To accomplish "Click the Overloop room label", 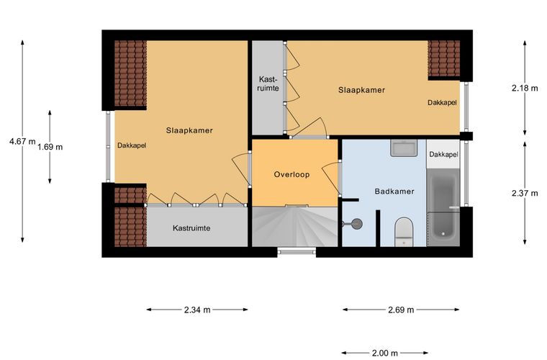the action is [291, 174].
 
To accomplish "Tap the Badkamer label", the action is [394, 192].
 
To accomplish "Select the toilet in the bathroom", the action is [404, 232].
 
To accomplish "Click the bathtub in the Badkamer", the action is [443, 207].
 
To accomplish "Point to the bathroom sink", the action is [404, 148].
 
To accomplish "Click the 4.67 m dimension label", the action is [22, 142].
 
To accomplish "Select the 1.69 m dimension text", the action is [50, 147].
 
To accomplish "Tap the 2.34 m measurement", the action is [197, 310].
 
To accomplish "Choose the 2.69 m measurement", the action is [401, 310].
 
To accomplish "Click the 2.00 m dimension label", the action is [385, 354].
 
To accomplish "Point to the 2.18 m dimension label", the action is [525, 89].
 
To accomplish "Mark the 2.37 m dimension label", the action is [525, 193].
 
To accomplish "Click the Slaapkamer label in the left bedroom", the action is [189, 130].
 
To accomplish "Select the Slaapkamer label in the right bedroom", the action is [361, 90].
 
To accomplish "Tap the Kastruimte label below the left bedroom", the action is [191, 228].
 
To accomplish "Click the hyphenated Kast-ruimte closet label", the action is [268, 84].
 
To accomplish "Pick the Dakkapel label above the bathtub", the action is [443, 154].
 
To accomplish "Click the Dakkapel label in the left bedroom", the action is [132, 145].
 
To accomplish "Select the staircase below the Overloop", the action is [295, 227].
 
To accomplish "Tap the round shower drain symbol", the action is [357, 224].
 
